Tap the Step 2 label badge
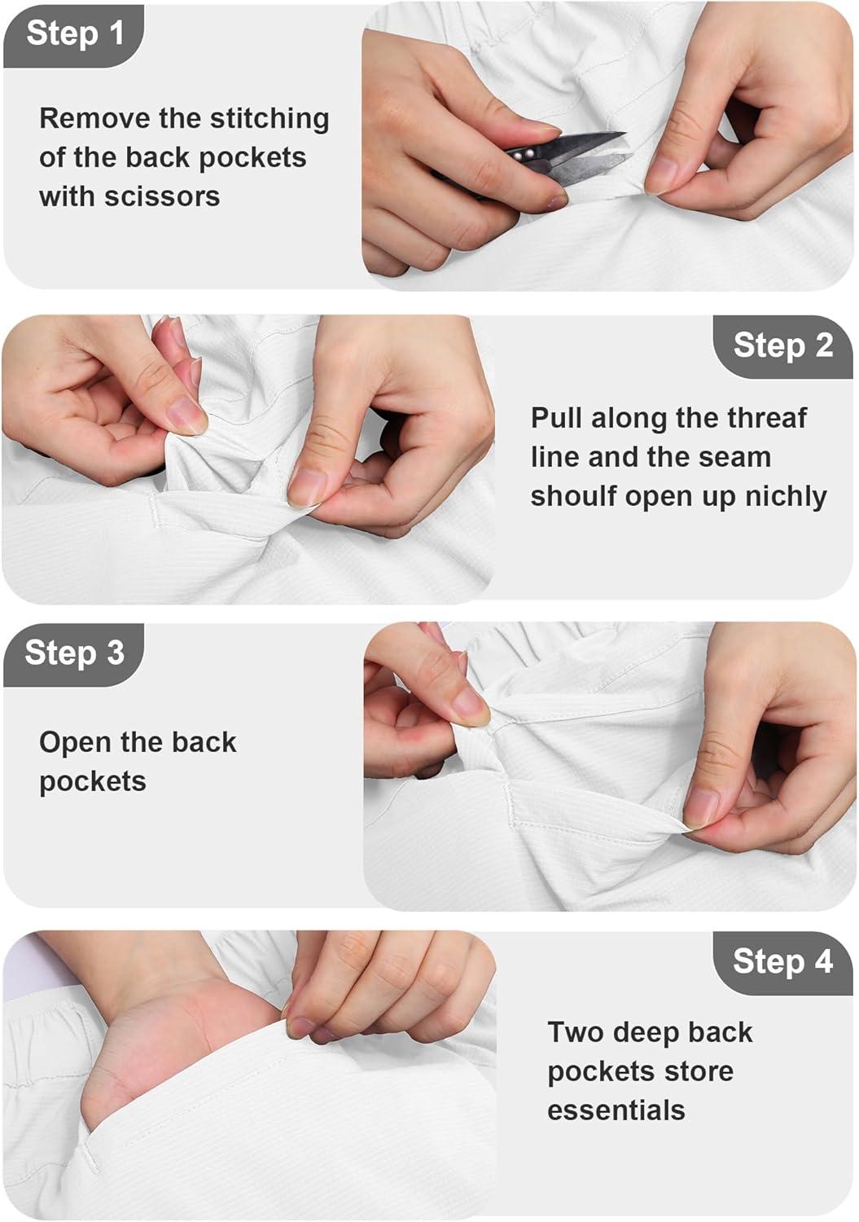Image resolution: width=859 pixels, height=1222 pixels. click(782, 346)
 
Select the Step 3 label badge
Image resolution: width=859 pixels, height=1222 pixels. click(73, 655)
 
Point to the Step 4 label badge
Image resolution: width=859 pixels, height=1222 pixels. click(782, 963)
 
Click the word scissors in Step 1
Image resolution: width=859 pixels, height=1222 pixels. click(162, 196)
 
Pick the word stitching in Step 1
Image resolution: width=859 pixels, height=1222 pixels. click(270, 120)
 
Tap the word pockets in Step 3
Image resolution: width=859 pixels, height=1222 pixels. click(93, 782)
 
